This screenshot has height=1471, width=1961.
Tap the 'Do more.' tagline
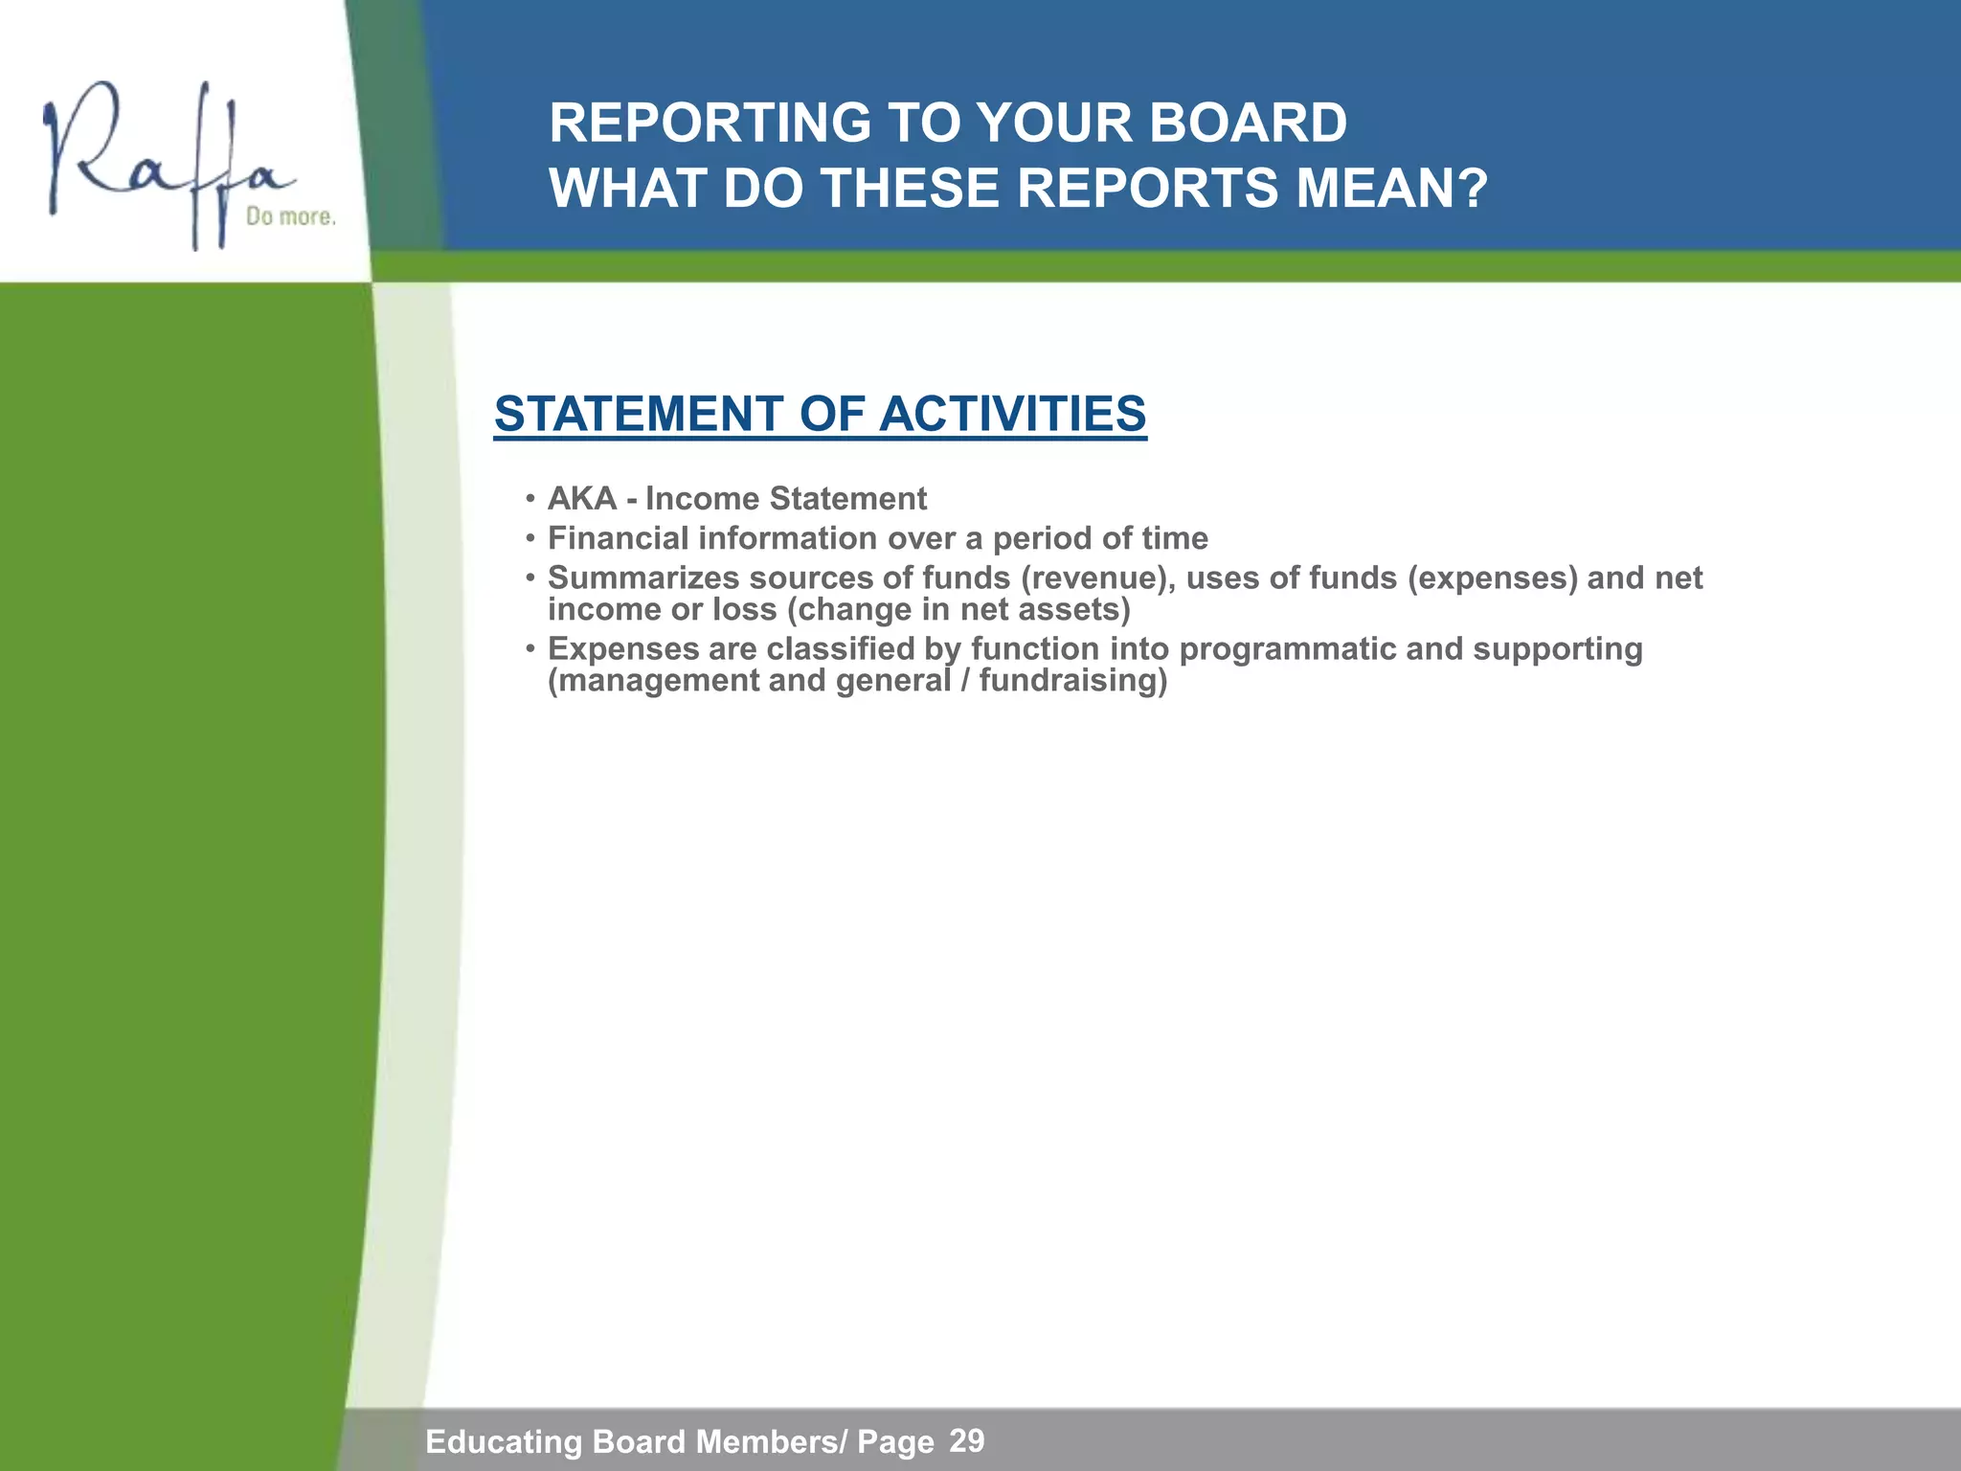coord(291,217)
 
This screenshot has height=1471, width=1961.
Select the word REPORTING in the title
coord(710,124)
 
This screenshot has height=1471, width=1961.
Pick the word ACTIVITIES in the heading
coord(1012,414)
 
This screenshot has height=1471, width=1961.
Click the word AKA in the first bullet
coord(581,499)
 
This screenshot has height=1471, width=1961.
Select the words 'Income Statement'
coord(786,499)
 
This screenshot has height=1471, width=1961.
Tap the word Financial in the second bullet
coord(618,538)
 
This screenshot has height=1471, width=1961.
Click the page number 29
coord(967,1440)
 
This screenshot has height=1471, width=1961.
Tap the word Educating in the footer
coord(504,1441)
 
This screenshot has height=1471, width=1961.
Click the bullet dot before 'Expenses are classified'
coord(529,650)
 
